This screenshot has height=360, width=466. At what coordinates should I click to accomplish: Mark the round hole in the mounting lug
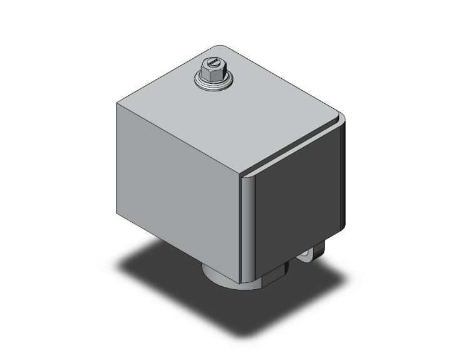coord(307,255)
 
